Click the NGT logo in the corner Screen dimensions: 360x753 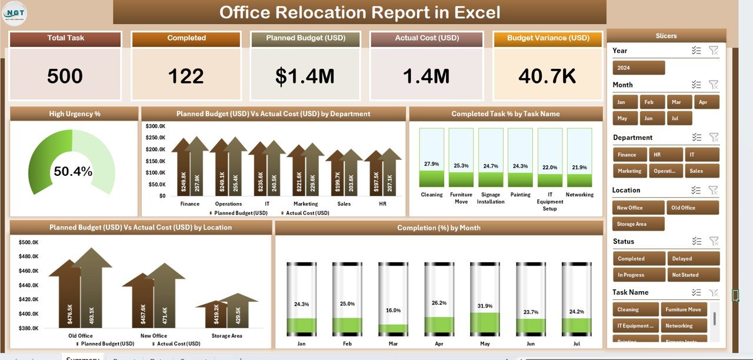(x=15, y=14)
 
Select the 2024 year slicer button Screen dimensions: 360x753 (x=638, y=68)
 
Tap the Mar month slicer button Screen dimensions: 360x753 (x=681, y=102)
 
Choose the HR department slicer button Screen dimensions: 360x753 (x=666, y=155)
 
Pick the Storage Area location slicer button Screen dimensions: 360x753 (x=638, y=224)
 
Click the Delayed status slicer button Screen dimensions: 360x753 (x=693, y=258)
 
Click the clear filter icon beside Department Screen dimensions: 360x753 (x=714, y=138)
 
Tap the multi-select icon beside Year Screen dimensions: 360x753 (x=697, y=51)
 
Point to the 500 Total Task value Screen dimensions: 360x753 (x=65, y=76)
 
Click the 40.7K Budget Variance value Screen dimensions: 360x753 (x=547, y=76)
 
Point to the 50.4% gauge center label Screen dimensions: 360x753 (x=73, y=172)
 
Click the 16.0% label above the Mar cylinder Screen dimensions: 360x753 (x=394, y=310)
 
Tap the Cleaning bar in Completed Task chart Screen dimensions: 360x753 (x=431, y=158)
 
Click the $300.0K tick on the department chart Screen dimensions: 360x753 (x=155, y=126)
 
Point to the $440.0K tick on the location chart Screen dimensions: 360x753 (x=29, y=285)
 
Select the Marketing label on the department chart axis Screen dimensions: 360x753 (x=305, y=204)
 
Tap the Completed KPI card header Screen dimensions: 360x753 (x=186, y=38)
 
